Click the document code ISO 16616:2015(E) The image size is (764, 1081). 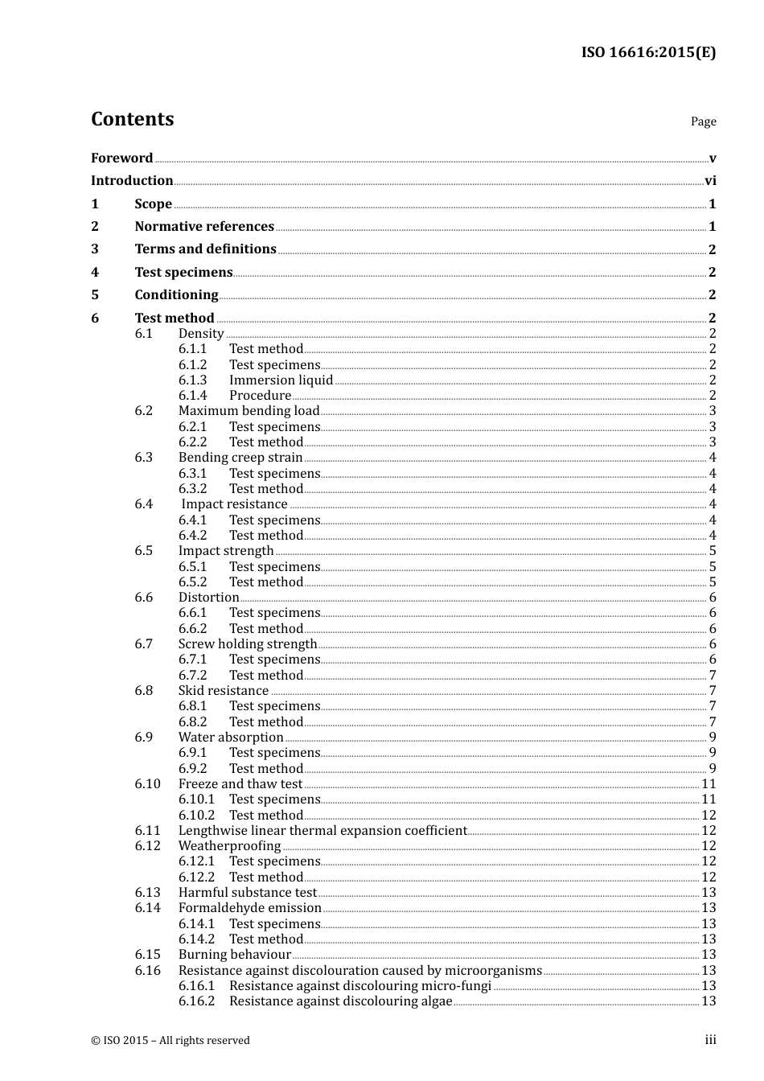(x=648, y=53)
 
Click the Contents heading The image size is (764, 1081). (x=132, y=119)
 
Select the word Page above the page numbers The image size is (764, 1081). (x=703, y=121)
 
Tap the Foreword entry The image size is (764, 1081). (x=121, y=158)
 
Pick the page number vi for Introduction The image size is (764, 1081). (x=710, y=181)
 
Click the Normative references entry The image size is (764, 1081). (x=204, y=227)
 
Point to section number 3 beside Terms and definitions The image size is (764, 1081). (x=95, y=249)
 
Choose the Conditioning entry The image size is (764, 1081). (x=176, y=295)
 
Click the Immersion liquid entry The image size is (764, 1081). (x=281, y=380)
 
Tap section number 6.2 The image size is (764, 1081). (x=144, y=411)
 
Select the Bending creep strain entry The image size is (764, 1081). (x=240, y=458)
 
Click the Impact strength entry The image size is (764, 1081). (x=226, y=551)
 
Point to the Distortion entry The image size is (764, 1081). (x=208, y=598)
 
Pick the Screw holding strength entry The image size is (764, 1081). (x=248, y=644)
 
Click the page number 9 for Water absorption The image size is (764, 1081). (x=713, y=738)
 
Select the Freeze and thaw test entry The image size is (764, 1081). (x=240, y=784)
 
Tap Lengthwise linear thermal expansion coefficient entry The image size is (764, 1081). (x=322, y=831)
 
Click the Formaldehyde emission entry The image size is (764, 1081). (x=250, y=908)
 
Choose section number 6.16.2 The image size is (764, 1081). (x=197, y=1001)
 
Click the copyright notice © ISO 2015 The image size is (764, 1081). (x=170, y=1041)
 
